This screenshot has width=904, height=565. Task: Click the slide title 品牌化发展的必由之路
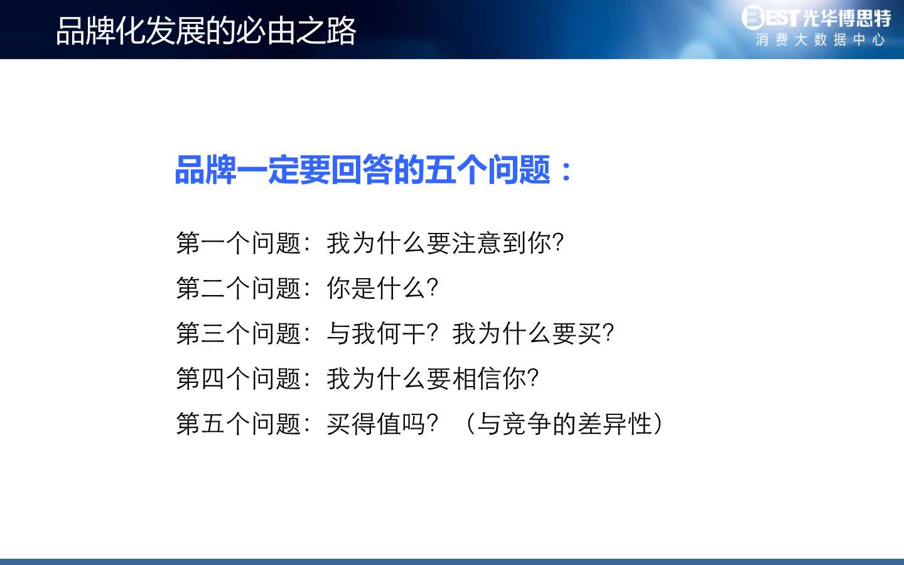[206, 31]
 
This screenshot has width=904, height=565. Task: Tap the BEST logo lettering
[770, 18]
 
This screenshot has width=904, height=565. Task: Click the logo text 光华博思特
[847, 18]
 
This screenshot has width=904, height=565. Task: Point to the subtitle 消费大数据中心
[821, 40]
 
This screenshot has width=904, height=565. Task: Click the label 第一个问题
[239, 243]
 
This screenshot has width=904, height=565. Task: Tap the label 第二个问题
[239, 288]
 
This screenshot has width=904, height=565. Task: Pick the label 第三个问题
[239, 333]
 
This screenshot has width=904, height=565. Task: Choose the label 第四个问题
[239, 379]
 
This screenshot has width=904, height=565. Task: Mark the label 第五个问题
[239, 424]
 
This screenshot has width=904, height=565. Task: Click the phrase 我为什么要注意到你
[438, 243]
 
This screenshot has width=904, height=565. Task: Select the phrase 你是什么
[375, 288]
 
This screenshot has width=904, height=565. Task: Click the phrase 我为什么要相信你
[426, 379]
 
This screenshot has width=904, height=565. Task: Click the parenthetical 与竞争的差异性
[564, 424]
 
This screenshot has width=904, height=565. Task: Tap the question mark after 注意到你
[557, 243]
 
